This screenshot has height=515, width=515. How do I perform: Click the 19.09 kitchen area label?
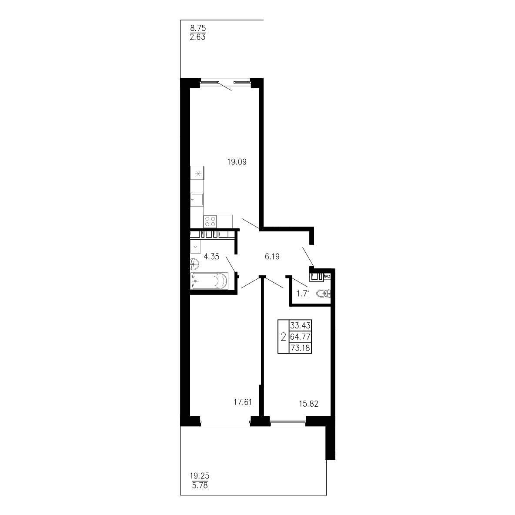pyautogui.click(x=237, y=162)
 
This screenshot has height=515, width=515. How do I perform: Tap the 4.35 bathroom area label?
pyautogui.click(x=211, y=257)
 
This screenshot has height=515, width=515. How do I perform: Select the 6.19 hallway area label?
pyautogui.click(x=272, y=257)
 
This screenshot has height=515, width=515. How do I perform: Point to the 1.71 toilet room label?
pyautogui.click(x=303, y=294)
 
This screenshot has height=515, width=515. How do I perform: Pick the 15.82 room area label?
pyautogui.click(x=308, y=404)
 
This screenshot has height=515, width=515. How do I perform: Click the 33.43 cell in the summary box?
pyautogui.click(x=300, y=325)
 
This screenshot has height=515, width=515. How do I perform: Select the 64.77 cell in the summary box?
pyautogui.click(x=300, y=337)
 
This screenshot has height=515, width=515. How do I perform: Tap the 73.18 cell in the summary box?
pyautogui.click(x=300, y=348)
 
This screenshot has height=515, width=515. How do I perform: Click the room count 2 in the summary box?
pyautogui.click(x=284, y=337)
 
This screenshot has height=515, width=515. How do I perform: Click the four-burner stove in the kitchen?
pyautogui.click(x=210, y=221)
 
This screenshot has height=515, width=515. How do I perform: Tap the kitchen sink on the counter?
pyautogui.click(x=197, y=199)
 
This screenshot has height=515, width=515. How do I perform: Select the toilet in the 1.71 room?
pyautogui.click(x=324, y=293)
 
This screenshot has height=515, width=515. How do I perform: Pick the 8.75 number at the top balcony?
pyautogui.click(x=198, y=28)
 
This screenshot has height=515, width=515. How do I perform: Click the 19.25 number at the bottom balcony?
pyautogui.click(x=199, y=475)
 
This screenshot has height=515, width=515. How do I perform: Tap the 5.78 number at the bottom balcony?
pyautogui.click(x=199, y=485)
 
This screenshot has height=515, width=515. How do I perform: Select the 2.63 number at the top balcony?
pyautogui.click(x=198, y=37)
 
